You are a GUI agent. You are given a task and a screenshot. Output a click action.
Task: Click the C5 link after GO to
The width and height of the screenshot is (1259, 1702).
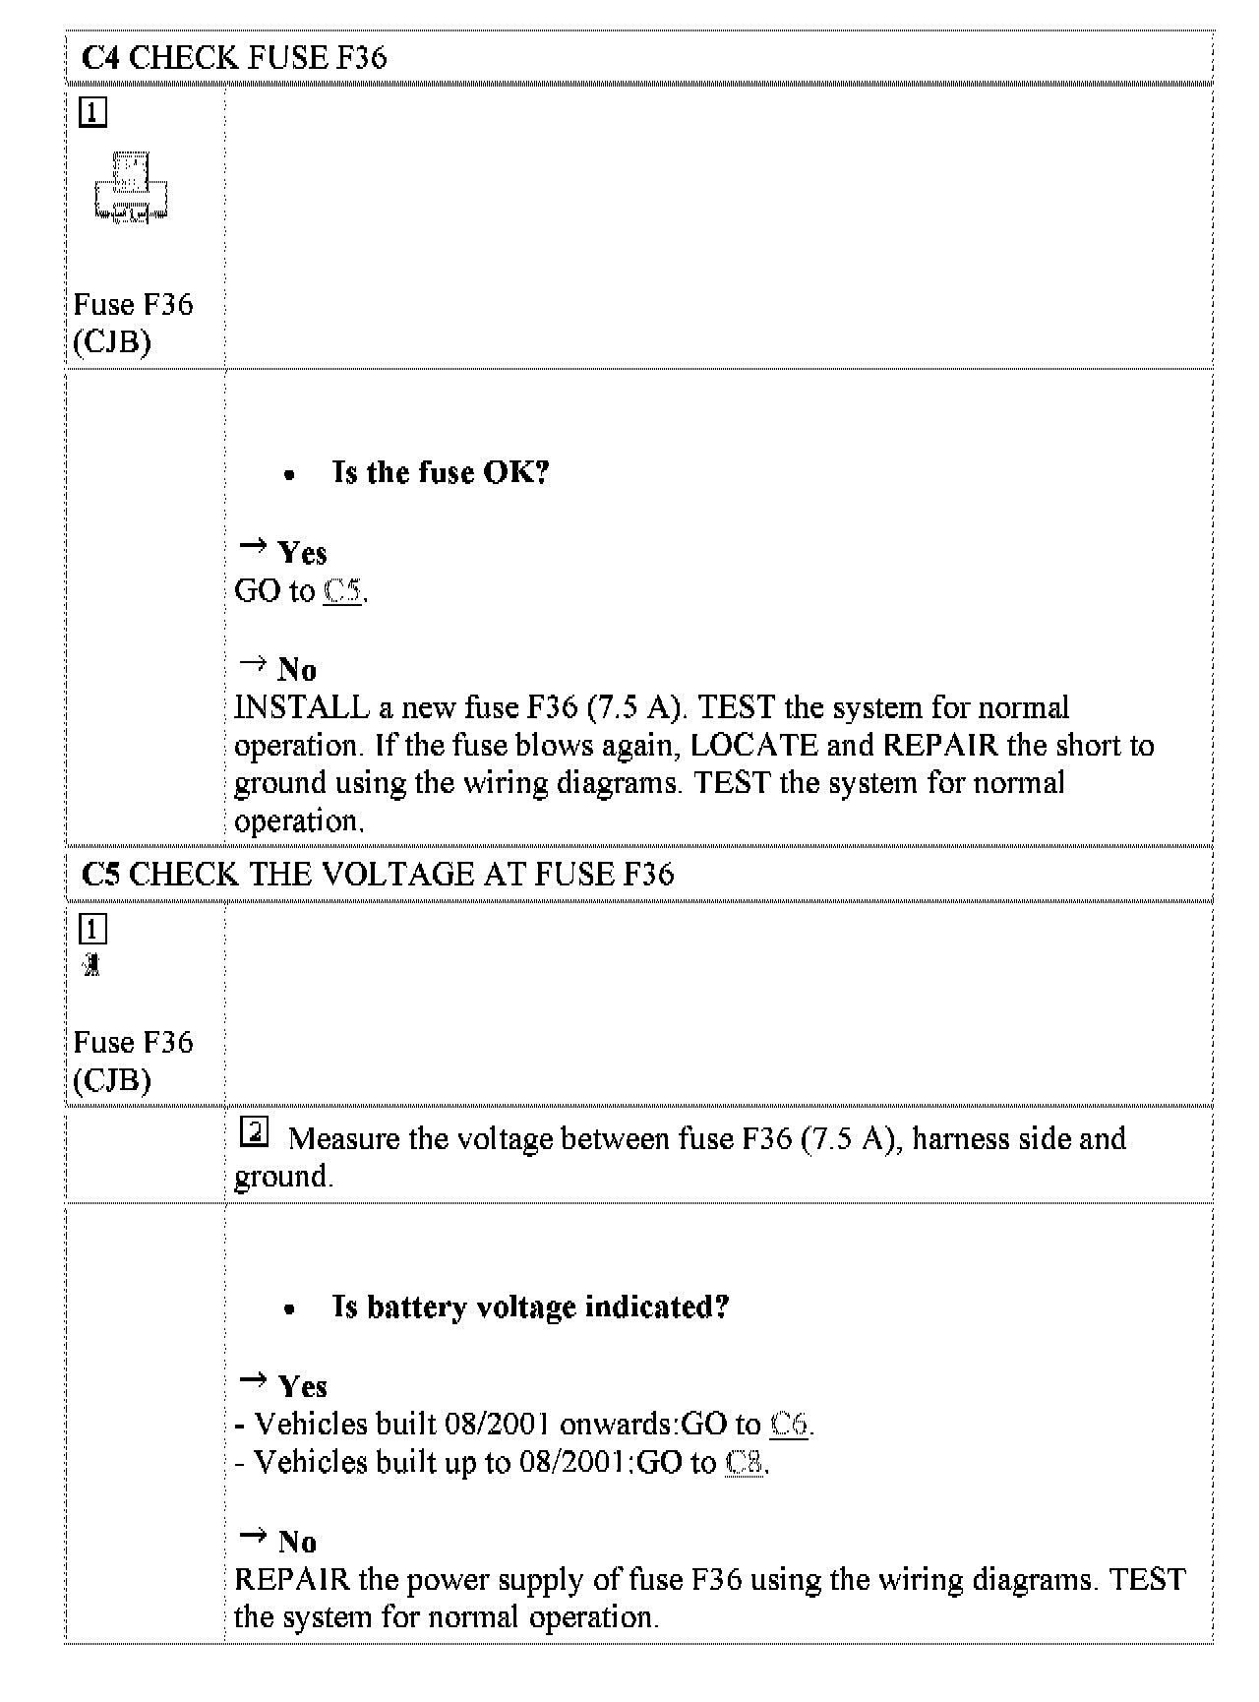342,591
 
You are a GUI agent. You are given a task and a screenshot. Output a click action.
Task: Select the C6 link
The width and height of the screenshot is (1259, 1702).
789,1424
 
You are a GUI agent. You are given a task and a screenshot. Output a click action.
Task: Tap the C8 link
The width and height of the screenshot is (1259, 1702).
745,1463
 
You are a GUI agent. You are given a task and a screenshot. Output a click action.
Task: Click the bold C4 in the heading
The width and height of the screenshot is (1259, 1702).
101,58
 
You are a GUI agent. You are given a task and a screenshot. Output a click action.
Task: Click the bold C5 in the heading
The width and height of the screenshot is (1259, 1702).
101,875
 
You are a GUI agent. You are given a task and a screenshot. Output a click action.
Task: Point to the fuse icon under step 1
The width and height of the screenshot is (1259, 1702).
132,187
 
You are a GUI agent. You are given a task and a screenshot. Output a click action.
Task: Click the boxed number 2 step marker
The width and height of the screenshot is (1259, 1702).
254,1134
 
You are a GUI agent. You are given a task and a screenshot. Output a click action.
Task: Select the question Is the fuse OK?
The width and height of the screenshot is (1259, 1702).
441,473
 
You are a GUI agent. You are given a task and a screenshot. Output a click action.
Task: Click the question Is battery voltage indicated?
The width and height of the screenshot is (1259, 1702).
531,1307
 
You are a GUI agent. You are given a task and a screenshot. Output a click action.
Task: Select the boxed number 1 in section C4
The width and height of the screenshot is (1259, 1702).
91,113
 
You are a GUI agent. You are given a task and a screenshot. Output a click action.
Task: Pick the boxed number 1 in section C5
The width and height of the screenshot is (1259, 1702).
91,930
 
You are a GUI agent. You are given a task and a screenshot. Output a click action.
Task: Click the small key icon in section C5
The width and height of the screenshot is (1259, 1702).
91,965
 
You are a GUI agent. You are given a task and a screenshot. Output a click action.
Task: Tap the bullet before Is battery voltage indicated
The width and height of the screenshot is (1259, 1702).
288,1309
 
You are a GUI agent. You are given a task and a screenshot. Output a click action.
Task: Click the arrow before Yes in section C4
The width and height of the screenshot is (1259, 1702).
253,545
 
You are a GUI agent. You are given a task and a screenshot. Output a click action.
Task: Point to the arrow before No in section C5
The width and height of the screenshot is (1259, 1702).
253,1536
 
